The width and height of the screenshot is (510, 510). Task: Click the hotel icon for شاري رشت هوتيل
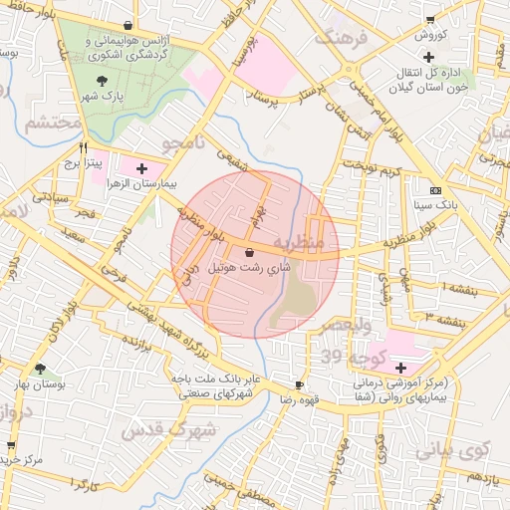248,253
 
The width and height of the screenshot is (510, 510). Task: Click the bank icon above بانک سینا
435,189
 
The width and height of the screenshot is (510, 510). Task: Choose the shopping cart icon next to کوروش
429,19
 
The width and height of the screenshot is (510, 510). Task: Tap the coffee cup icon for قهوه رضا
299,384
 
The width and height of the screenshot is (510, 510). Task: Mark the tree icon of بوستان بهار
40,369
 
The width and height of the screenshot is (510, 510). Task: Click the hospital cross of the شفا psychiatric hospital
400,368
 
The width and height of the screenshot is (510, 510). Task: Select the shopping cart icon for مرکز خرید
11,445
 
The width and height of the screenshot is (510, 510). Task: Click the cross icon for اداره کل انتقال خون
428,57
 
